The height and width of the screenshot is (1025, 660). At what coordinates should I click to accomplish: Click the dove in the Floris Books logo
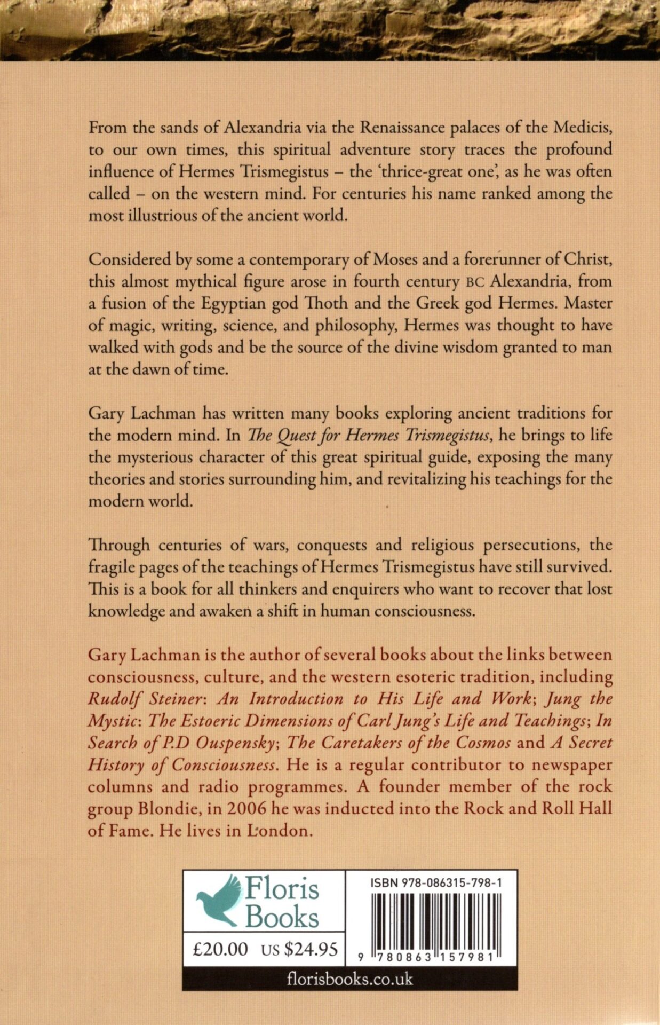(219, 900)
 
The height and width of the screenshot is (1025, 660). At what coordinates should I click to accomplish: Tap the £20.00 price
(220, 949)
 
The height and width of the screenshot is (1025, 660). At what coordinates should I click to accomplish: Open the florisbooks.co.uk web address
(349, 980)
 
